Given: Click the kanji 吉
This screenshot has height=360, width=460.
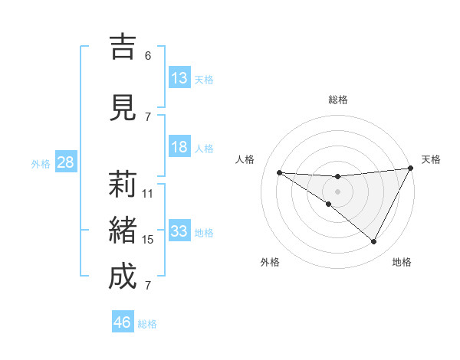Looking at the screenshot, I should tap(122, 48).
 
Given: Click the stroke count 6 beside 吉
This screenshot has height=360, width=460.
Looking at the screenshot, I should tap(148, 56).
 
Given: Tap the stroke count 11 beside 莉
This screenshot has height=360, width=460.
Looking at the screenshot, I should tap(148, 194).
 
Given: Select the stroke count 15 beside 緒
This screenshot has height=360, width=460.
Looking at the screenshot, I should tap(148, 240).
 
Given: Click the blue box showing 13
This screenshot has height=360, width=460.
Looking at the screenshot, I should tap(179, 78).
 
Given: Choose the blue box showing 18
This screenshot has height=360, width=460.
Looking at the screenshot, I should tap(179, 147).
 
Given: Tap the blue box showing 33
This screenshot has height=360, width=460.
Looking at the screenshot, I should tap(179, 231).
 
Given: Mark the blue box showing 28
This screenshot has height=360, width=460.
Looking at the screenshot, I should tap(65, 162).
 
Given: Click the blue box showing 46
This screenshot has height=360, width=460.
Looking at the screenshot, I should tap(123, 322).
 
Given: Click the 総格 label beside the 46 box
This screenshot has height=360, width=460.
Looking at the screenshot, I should tap(147, 324).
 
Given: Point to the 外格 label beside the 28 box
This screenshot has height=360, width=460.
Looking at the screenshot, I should tap(40, 164).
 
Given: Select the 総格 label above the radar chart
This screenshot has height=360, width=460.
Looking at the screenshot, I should tap(337, 100).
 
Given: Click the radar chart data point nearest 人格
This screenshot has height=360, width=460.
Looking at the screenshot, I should tap(279, 172).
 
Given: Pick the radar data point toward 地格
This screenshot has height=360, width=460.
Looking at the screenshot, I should tap(374, 242).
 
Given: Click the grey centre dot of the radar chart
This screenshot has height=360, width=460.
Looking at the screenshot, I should tap(337, 191).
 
